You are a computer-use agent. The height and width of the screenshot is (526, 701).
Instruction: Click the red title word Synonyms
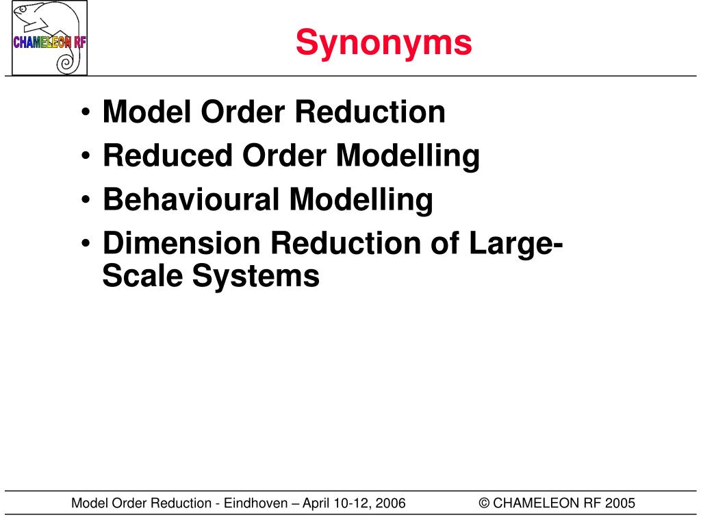pyautogui.click(x=383, y=42)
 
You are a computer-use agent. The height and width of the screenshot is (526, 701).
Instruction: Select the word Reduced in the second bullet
pyautogui.click(x=166, y=155)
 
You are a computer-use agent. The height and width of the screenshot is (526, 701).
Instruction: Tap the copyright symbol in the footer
pyautogui.click(x=484, y=503)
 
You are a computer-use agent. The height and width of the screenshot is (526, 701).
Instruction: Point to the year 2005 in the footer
pyautogui.click(x=620, y=503)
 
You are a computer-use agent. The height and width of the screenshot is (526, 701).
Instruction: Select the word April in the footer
pyautogui.click(x=318, y=503)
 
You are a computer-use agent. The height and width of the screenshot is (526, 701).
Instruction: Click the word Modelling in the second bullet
pyautogui.click(x=407, y=156)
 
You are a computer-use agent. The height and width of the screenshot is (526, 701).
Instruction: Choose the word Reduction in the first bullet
pyautogui.click(x=370, y=112)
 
